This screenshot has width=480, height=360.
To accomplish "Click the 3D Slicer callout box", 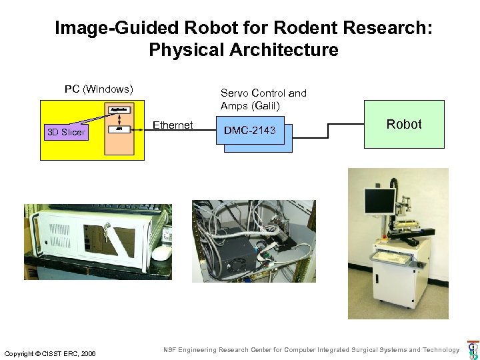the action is point(66,132).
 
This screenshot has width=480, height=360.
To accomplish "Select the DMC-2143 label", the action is point(249,131).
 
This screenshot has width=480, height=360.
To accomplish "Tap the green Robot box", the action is point(404,124).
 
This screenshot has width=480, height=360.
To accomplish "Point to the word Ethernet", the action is point(173,125).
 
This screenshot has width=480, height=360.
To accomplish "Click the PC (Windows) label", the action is point(99,89).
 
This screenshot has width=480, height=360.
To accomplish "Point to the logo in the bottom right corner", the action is point(473,351).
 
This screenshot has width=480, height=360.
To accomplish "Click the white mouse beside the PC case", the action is point(161,253).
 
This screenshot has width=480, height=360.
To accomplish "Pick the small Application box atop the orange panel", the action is point(118,109).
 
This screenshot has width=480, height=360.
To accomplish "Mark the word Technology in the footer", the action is point(440,350).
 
